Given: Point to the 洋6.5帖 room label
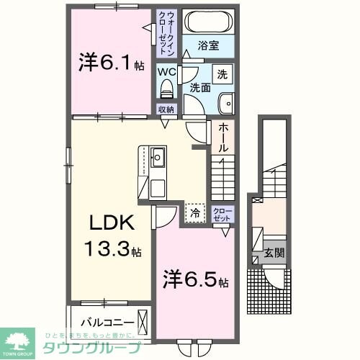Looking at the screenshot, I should pyautogui.click(x=195, y=278).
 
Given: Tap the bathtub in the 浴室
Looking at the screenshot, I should pyautogui.click(x=204, y=22).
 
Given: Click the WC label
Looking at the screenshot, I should pyautogui.click(x=167, y=72).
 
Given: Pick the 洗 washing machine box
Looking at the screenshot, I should pyautogui.click(x=223, y=73).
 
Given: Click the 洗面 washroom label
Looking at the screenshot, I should pyautogui.click(x=199, y=87).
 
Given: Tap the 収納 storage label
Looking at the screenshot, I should pyautogui.click(x=167, y=109).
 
